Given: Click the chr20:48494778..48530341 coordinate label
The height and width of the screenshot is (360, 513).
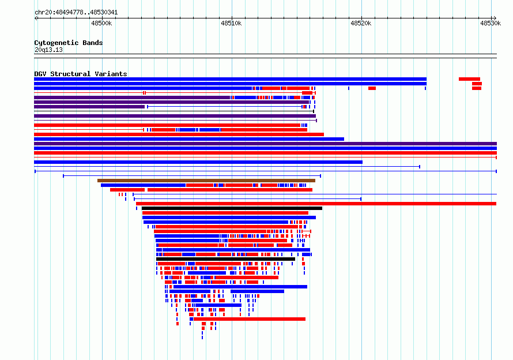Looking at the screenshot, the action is (x=76, y=13).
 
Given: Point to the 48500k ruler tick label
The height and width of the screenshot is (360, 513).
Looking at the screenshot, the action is (x=101, y=23).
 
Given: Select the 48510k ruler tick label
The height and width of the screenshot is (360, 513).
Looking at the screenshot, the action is (x=231, y=23).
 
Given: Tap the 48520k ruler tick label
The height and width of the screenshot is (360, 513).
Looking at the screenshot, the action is (x=361, y=23).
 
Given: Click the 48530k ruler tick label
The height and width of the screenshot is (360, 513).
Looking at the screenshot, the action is (x=491, y=23).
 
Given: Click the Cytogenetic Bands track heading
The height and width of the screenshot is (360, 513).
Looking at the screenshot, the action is (x=69, y=43).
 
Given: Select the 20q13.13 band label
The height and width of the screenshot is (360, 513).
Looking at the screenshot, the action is (x=48, y=50).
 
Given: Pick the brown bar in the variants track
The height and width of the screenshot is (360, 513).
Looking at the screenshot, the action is (x=206, y=181).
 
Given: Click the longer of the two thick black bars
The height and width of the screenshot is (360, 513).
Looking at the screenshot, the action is (x=232, y=208).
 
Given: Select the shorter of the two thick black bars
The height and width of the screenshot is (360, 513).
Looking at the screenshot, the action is (x=226, y=259).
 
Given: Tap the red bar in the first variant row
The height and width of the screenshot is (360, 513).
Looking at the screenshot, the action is (x=470, y=79).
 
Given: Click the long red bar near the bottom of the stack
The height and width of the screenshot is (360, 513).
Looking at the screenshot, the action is (x=250, y=319).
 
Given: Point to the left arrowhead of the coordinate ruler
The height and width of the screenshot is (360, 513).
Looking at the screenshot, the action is (x=36, y=18).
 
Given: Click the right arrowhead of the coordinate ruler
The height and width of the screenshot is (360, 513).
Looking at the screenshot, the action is (x=495, y=18).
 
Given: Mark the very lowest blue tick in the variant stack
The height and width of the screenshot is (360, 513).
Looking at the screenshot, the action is (x=202, y=337).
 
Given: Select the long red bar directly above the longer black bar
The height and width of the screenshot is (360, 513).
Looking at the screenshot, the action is (x=316, y=204).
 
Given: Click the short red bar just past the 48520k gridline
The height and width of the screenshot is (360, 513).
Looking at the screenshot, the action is (x=372, y=88).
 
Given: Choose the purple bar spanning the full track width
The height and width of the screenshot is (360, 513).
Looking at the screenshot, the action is (x=265, y=144).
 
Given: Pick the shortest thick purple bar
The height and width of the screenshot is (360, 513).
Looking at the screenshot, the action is (x=89, y=107).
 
